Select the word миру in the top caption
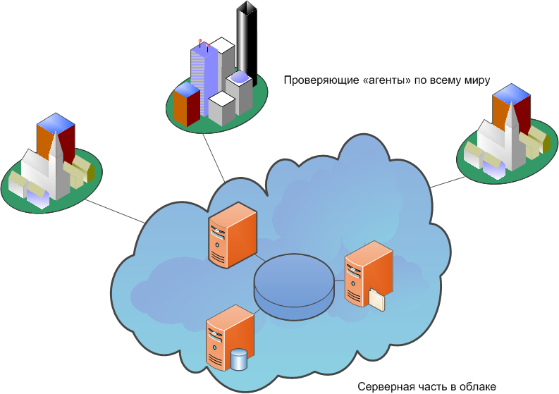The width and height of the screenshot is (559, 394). (475, 80)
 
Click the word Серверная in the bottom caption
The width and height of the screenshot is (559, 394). (386, 386)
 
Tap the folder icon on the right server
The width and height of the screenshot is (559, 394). (377, 299)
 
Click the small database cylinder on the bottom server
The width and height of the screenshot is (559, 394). (240, 359)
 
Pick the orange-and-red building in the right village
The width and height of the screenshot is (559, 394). (511, 106)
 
